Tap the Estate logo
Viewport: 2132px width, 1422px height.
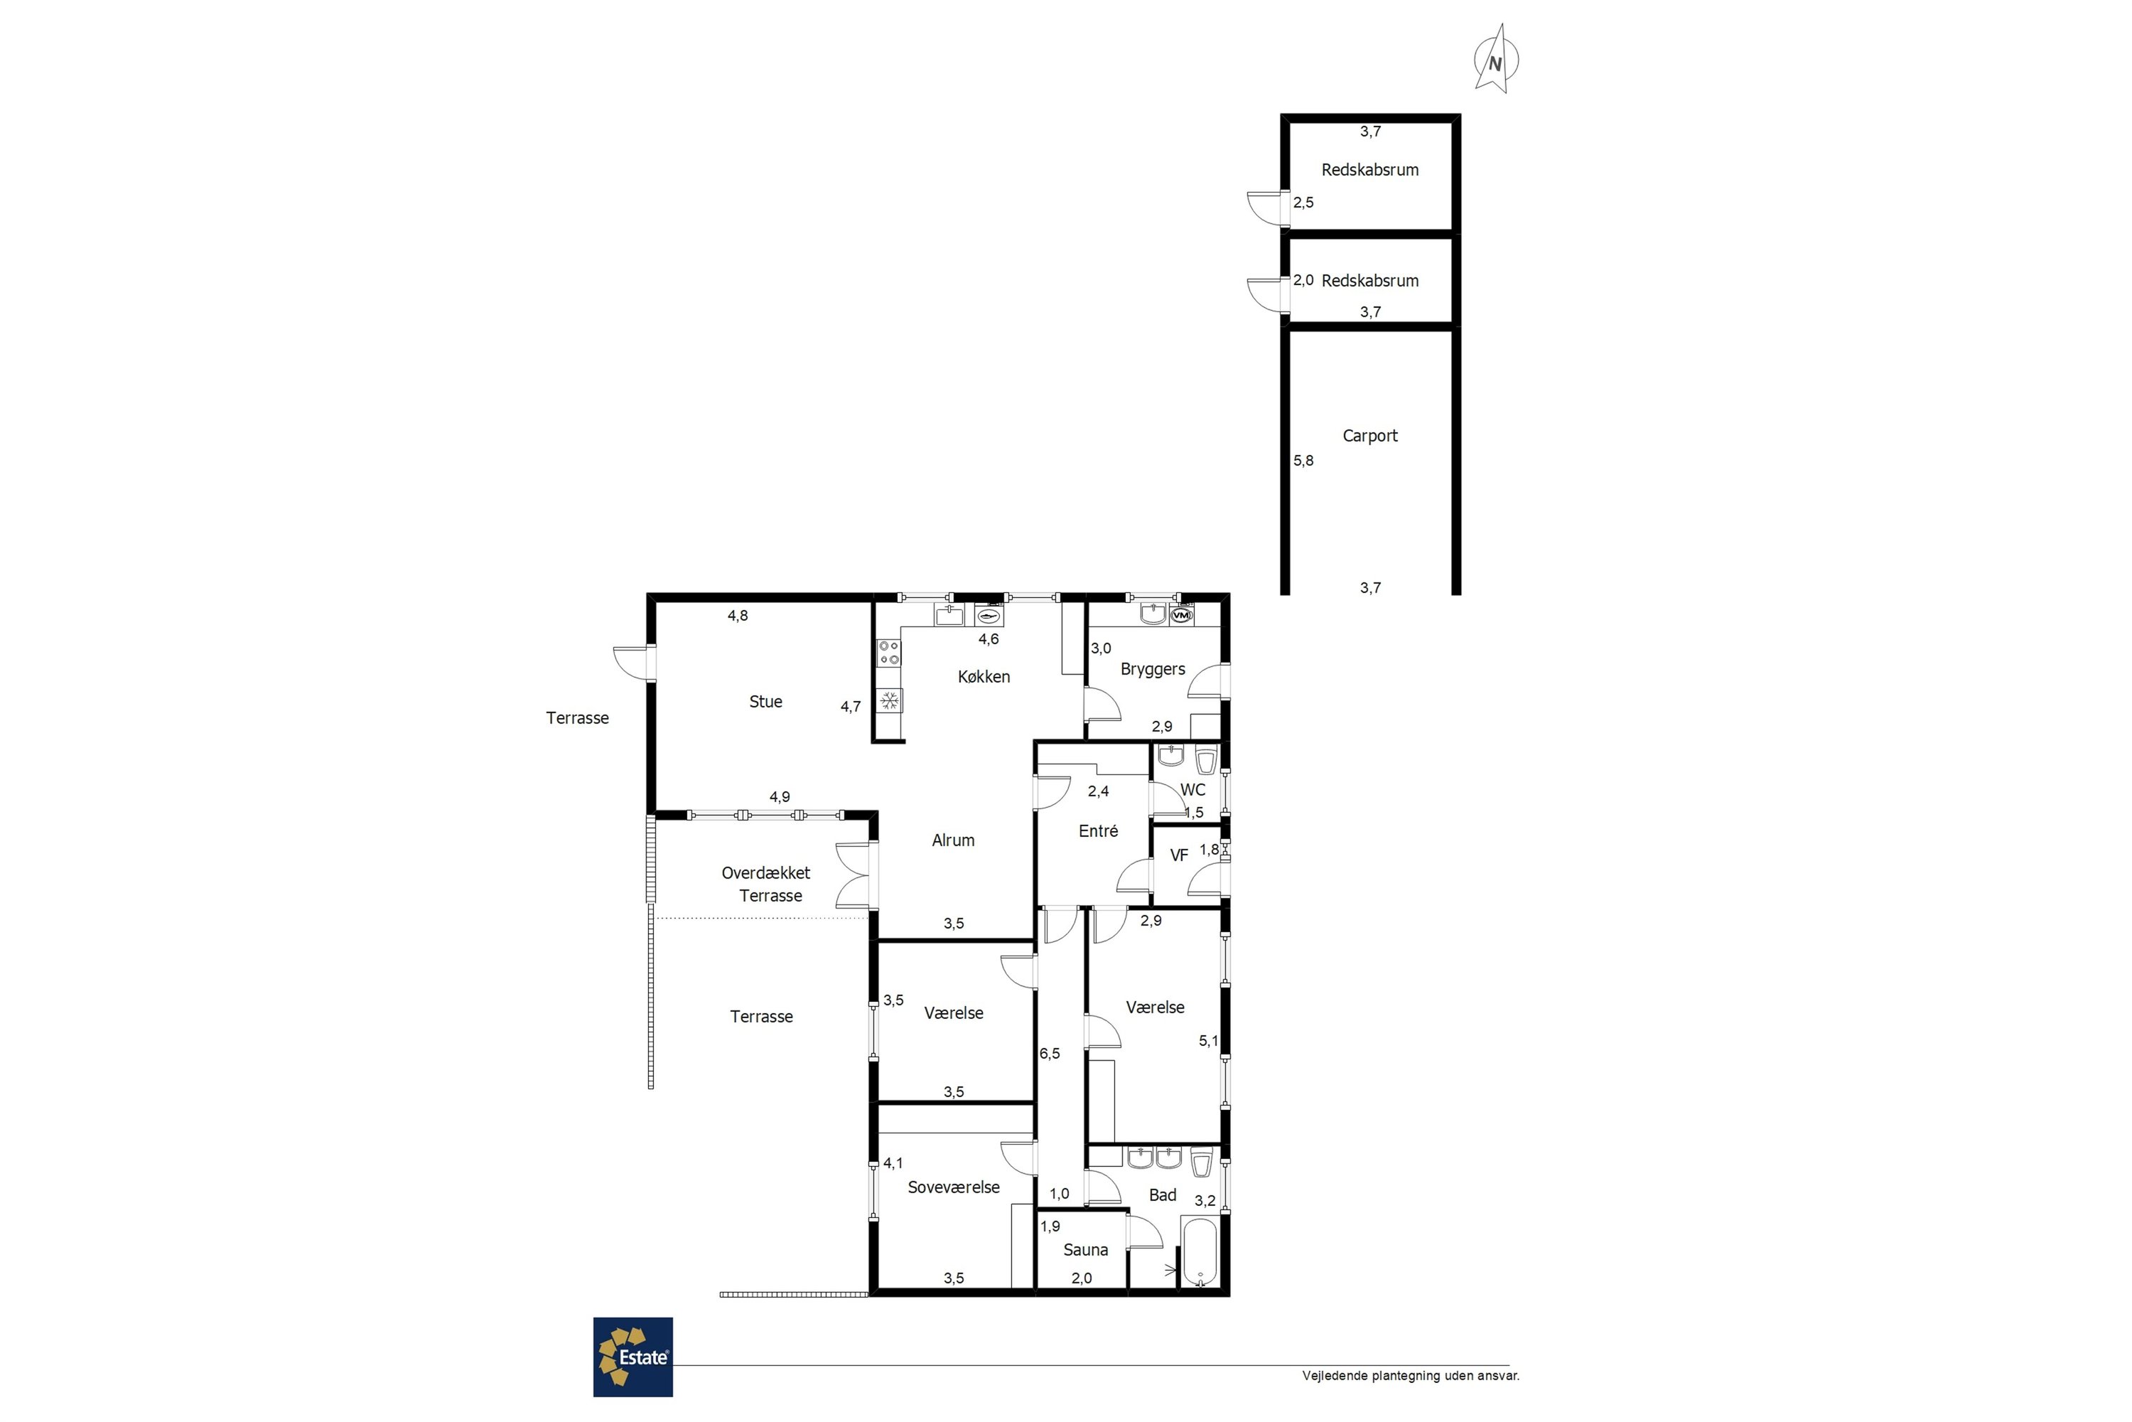[x=632, y=1357]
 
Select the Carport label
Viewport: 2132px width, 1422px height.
[x=1369, y=435]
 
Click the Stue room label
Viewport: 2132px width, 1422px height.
[x=765, y=701]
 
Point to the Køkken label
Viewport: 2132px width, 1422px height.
[x=984, y=677]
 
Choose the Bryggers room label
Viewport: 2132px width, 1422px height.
[x=1152, y=669]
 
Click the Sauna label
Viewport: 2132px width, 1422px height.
[x=1085, y=1250]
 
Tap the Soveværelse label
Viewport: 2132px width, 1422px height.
[x=954, y=1187]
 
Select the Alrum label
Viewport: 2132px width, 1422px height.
[x=953, y=840]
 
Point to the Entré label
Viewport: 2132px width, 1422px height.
[x=1098, y=830]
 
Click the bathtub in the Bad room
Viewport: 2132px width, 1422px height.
[x=1200, y=1252]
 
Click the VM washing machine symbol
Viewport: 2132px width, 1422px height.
[x=1180, y=615]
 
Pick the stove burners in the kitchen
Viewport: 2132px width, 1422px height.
[x=889, y=653]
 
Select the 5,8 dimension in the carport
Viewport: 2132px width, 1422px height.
[x=1303, y=461]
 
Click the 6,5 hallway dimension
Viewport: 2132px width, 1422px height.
[x=1049, y=1054]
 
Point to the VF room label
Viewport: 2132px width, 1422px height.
[x=1178, y=855]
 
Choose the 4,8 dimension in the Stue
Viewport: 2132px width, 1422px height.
[x=738, y=616]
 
